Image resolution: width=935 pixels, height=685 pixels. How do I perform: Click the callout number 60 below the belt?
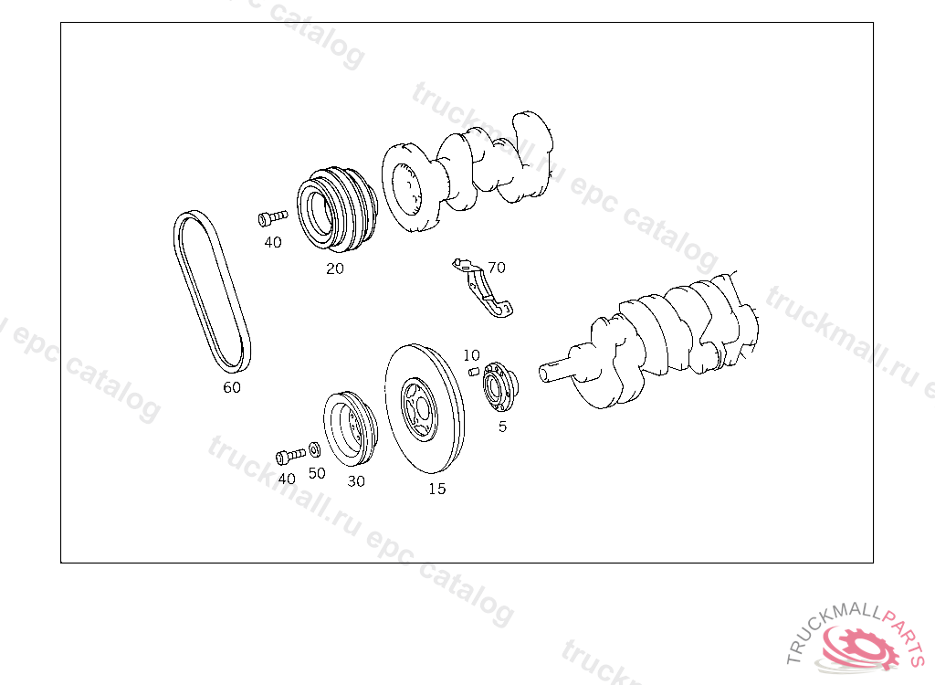(232, 387)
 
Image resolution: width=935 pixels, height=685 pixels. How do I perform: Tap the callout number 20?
(334, 269)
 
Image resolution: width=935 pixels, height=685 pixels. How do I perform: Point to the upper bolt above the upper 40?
(272, 217)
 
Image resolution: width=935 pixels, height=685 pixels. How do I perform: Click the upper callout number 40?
(273, 242)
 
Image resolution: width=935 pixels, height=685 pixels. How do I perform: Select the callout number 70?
(496, 268)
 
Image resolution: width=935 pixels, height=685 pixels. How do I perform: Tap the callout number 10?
(471, 355)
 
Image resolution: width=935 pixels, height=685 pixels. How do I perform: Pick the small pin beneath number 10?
(474, 372)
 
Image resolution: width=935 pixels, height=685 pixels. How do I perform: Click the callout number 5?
(502, 427)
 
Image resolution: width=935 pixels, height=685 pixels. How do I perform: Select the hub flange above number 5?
(499, 386)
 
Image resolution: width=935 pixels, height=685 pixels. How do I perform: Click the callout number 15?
(436, 489)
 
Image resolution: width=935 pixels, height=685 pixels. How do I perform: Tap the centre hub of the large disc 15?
(419, 409)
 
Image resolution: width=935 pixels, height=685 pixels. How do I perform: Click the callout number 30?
(356, 481)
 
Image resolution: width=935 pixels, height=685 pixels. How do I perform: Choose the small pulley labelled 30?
(351, 429)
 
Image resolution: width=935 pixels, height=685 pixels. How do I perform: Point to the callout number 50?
(317, 473)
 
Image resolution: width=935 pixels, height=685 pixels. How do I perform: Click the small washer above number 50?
(315, 449)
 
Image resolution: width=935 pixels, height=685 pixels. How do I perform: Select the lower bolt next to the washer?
(290, 457)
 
